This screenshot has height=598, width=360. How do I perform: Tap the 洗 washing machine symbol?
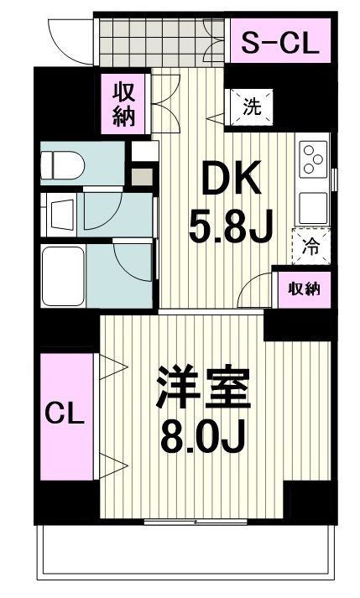251,107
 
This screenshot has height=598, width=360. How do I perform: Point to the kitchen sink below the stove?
312,205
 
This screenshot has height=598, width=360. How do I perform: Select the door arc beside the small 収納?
255,294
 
